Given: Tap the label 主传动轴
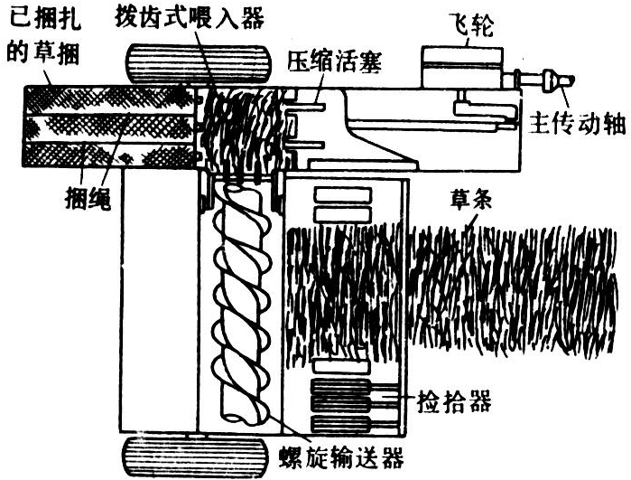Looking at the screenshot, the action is [x=577, y=123].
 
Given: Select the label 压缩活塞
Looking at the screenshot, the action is [x=334, y=61].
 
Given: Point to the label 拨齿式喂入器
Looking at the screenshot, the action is [x=190, y=17].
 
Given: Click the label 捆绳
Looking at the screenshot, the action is [x=88, y=197].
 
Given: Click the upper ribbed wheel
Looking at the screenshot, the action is [x=199, y=64].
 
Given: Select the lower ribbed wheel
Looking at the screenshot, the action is [x=195, y=457].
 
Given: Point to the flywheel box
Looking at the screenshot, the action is [x=462, y=67].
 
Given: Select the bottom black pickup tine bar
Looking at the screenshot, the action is [x=340, y=424].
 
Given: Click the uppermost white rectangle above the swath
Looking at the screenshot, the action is [x=342, y=195].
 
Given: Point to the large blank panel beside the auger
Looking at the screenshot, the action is [x=160, y=299].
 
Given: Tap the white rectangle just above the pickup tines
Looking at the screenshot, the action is [x=341, y=366].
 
